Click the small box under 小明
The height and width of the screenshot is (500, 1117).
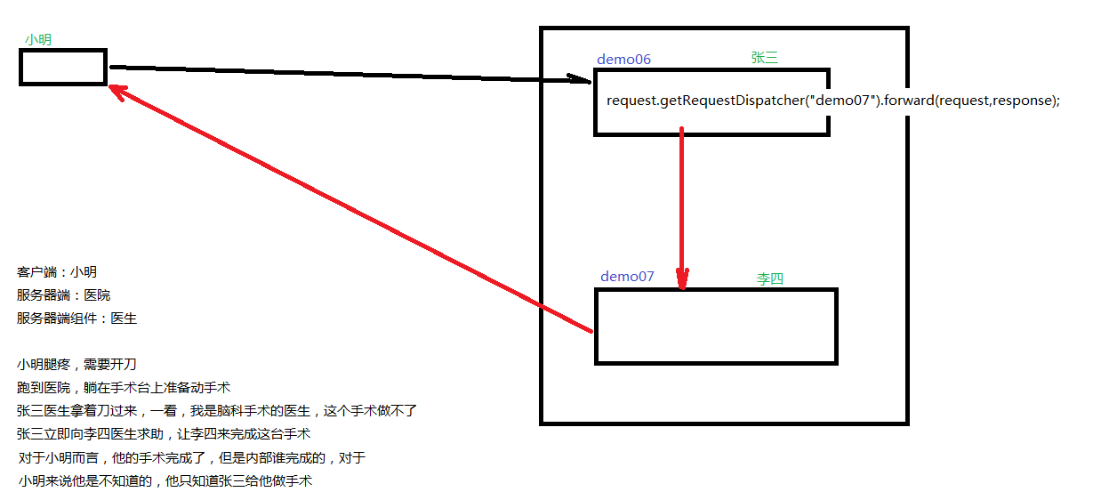coord(63,68)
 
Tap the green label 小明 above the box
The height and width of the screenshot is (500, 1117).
coord(38,39)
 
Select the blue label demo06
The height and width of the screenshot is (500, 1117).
coord(623,60)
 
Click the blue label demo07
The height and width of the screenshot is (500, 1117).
coord(627,277)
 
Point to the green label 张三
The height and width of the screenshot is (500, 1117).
coord(764,58)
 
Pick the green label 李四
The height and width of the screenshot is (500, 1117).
coord(769,278)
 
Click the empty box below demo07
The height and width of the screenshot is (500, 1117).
coord(716,326)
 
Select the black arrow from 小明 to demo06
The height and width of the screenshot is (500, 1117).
coord(347,73)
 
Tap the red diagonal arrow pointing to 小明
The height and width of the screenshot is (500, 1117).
coord(347,209)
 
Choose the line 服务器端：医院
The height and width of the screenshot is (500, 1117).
coord(63,295)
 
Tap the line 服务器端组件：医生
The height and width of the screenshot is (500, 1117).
coord(76,319)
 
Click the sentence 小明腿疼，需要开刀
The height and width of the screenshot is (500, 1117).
coord(76,365)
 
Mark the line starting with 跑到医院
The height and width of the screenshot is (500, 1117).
coord(124,388)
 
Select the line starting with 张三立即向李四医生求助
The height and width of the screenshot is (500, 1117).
coord(163,434)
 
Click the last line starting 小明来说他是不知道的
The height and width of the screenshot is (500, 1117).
coord(165,481)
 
